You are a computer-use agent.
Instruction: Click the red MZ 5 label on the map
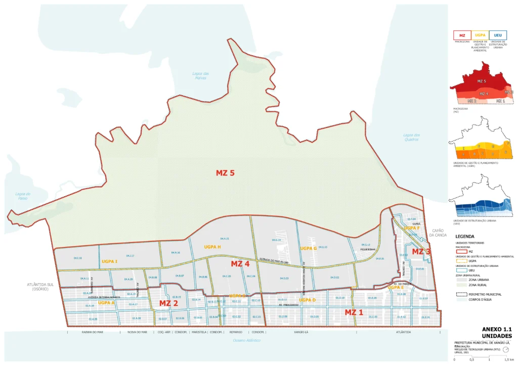click(226, 173)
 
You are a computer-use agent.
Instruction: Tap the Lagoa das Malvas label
click(201, 76)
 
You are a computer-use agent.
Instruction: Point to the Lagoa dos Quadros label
click(411, 137)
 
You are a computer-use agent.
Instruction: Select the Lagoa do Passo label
click(23, 196)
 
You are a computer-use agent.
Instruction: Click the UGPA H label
click(212, 247)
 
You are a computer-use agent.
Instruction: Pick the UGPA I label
click(109, 261)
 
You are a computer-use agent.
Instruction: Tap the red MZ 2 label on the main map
click(168, 303)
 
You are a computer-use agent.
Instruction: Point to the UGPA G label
click(308, 248)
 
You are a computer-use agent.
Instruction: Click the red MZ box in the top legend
click(461, 35)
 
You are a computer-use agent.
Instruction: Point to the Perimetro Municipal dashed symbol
click(461, 294)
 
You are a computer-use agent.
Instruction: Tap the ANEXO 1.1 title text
click(497, 329)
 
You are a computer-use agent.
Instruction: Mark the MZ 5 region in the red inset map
click(482, 81)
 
